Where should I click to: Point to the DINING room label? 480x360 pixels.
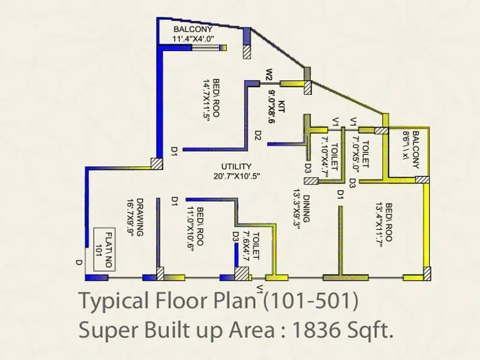pos(306,209)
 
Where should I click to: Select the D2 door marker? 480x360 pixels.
pos(257,136)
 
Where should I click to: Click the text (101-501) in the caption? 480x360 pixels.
pos(312,300)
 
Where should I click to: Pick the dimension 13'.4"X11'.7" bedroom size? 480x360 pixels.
pos(379,221)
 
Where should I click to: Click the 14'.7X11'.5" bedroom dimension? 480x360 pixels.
pos(207,100)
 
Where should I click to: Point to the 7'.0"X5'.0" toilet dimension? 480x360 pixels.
pos(355,148)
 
